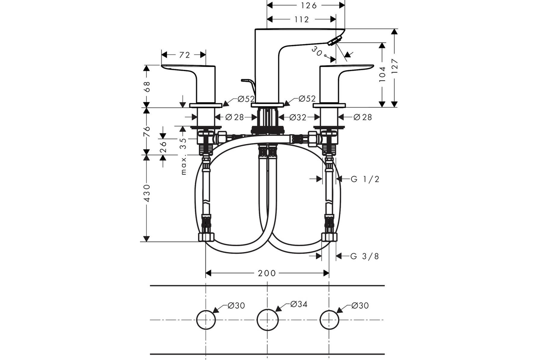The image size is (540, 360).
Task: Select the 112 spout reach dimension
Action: click(301, 19)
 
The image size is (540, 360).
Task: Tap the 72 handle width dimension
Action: click(184, 55)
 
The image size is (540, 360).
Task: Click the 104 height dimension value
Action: click(382, 73)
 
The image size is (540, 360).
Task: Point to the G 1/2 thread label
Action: click(365, 179)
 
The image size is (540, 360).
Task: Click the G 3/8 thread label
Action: click(365, 256)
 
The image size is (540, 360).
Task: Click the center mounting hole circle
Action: click(268, 320)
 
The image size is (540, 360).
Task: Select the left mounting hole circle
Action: click(206, 320)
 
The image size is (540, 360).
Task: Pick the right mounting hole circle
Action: click(329, 320)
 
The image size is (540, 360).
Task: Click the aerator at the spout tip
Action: click(334, 41)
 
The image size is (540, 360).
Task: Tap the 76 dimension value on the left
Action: click(146, 131)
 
